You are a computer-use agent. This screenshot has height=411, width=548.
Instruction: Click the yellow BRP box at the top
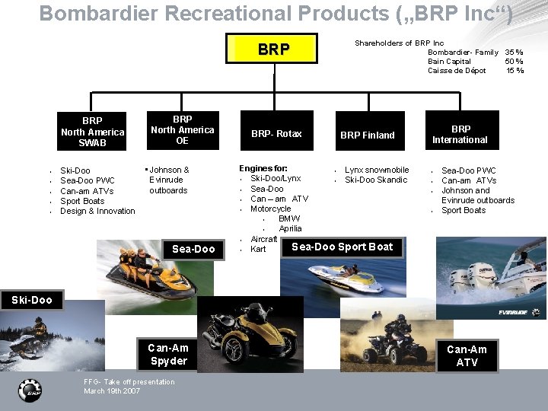(273, 50)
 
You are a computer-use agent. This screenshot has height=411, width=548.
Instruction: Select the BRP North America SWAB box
(92, 132)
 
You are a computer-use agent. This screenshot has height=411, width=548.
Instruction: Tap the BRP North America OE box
(182, 130)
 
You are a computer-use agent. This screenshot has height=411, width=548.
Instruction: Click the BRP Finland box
(367, 135)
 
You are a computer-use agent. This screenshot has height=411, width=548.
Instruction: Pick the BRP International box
(460, 135)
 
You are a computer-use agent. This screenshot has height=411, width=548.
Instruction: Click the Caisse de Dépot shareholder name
(456, 71)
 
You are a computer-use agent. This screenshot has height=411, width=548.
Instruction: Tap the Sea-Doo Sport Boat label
(342, 247)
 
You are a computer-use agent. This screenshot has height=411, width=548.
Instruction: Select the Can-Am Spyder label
(168, 355)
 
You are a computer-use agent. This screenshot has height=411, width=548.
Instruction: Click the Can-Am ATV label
(467, 355)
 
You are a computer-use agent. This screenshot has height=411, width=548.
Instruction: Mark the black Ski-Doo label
(32, 300)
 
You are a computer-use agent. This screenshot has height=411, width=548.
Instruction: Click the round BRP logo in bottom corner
(30, 390)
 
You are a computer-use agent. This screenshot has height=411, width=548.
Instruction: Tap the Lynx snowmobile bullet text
(377, 170)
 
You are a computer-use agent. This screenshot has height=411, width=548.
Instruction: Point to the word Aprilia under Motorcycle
(290, 228)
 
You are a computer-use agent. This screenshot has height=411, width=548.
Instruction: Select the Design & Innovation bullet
(97, 211)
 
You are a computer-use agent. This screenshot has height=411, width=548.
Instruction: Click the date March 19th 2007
(112, 391)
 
